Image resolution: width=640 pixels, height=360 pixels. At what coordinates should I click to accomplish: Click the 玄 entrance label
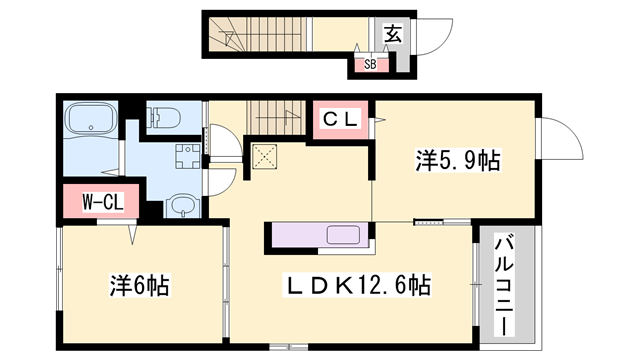(392, 34)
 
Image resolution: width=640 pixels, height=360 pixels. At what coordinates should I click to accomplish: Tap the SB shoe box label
(370, 64)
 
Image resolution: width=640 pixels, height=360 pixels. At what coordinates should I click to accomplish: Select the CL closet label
(340, 120)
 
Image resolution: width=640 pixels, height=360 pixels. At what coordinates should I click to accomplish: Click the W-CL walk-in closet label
(102, 202)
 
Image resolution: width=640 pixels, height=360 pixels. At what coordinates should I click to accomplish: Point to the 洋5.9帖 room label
(458, 160)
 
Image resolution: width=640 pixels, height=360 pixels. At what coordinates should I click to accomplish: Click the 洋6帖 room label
(139, 285)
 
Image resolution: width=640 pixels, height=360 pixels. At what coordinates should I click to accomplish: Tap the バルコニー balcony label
(504, 284)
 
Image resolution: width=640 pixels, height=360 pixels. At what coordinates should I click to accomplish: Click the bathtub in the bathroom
(91, 118)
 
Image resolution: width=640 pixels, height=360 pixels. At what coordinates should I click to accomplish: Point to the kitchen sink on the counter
(343, 235)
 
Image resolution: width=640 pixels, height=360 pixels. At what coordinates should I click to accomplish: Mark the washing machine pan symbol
(188, 156)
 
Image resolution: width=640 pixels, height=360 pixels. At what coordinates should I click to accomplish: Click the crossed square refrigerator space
(264, 156)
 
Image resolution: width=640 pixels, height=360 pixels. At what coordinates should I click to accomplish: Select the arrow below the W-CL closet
(132, 235)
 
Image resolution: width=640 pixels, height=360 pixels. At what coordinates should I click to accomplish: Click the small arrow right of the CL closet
(380, 120)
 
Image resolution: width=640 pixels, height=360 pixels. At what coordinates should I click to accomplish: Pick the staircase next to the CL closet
(276, 118)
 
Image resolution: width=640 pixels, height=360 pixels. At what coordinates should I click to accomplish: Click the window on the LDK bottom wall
(289, 347)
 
